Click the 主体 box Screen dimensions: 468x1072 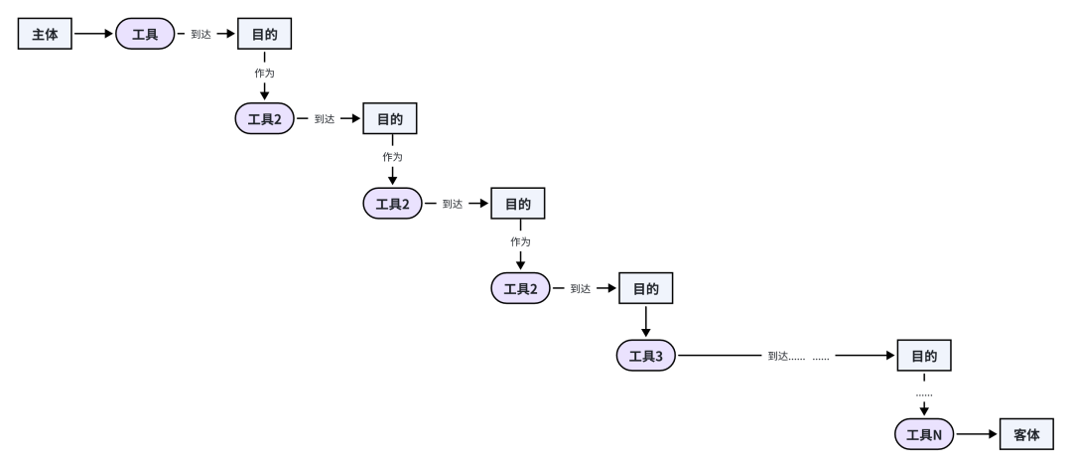46,34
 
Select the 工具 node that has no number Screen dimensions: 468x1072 145,34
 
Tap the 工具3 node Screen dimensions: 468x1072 646,356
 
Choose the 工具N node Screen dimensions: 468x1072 924,434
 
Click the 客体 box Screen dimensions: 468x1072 1026,434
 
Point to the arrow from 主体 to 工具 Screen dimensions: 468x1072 94,34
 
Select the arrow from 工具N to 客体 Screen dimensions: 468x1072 977,434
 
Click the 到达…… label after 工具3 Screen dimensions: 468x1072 786,356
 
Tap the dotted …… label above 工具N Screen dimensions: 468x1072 924,394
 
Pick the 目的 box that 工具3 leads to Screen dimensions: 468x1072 924,356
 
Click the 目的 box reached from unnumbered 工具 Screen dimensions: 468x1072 264,34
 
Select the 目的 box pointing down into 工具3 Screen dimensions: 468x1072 646,289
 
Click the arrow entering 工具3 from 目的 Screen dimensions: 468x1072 646,322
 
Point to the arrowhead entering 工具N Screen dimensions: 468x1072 924,410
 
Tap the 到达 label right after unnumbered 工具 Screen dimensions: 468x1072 201,34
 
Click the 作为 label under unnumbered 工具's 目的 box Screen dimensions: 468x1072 264,74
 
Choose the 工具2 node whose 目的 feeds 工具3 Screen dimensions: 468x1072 520,289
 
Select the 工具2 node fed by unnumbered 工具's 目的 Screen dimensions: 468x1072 264,119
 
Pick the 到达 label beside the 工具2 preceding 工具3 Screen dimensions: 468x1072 581,289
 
